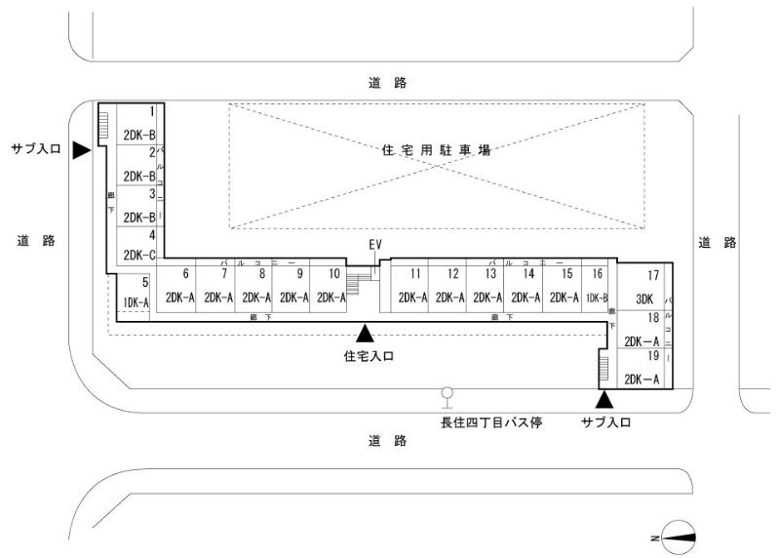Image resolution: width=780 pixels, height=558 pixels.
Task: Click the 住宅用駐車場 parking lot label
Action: coord(436,150)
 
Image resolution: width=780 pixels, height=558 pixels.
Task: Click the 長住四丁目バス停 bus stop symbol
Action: coord(448,396)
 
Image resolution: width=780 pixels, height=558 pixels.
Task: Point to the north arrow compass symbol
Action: coord(678,535)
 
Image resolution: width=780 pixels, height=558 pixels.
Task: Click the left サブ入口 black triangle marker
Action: coord(82,149)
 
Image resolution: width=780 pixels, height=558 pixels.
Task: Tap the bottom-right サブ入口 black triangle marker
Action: coord(604,398)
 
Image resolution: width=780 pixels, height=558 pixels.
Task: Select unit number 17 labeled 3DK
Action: coord(644,288)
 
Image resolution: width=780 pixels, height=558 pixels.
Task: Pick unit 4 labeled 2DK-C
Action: coord(139,246)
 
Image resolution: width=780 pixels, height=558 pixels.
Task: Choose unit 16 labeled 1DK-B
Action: coord(597,287)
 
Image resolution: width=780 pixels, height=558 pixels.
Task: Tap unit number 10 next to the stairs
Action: coord(331,287)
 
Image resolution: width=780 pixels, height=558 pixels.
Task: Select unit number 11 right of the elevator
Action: coord(413,287)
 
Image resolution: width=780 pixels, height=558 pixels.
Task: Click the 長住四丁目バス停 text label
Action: coord(489,422)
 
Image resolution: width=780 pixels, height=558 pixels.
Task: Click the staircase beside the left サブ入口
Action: coord(102,124)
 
